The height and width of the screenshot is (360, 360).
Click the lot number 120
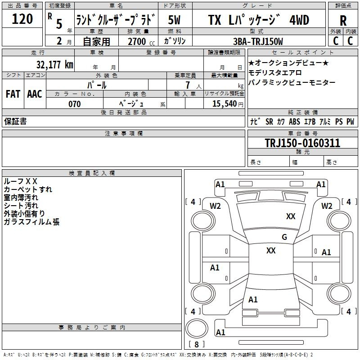[x=22, y=19]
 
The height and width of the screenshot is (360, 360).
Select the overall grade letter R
[x=343, y=21]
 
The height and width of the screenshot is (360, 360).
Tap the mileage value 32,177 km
[x=54, y=64]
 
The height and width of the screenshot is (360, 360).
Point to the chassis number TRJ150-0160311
[x=302, y=143]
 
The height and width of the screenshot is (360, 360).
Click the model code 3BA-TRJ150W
[x=258, y=41]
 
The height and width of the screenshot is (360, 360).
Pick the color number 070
[x=75, y=104]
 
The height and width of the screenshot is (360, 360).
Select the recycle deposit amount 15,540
[x=224, y=104]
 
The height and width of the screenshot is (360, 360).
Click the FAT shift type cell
[x=13, y=94]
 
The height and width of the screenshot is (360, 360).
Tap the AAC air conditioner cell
[x=35, y=94]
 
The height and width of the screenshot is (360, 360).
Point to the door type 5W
[x=174, y=20]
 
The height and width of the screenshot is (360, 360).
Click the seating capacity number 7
[x=188, y=85]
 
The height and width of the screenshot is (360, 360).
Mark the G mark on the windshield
[x=284, y=237]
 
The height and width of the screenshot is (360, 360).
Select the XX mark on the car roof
[x=271, y=251]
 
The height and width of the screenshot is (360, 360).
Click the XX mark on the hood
[x=291, y=216]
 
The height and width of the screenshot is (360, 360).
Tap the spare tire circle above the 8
[x=197, y=328]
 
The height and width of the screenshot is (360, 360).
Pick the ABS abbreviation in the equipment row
[x=294, y=121]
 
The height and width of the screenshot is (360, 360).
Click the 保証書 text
[x=15, y=121]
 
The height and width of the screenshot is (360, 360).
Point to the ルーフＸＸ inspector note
[x=20, y=181]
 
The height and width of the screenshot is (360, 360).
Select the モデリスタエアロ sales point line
[x=275, y=73]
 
